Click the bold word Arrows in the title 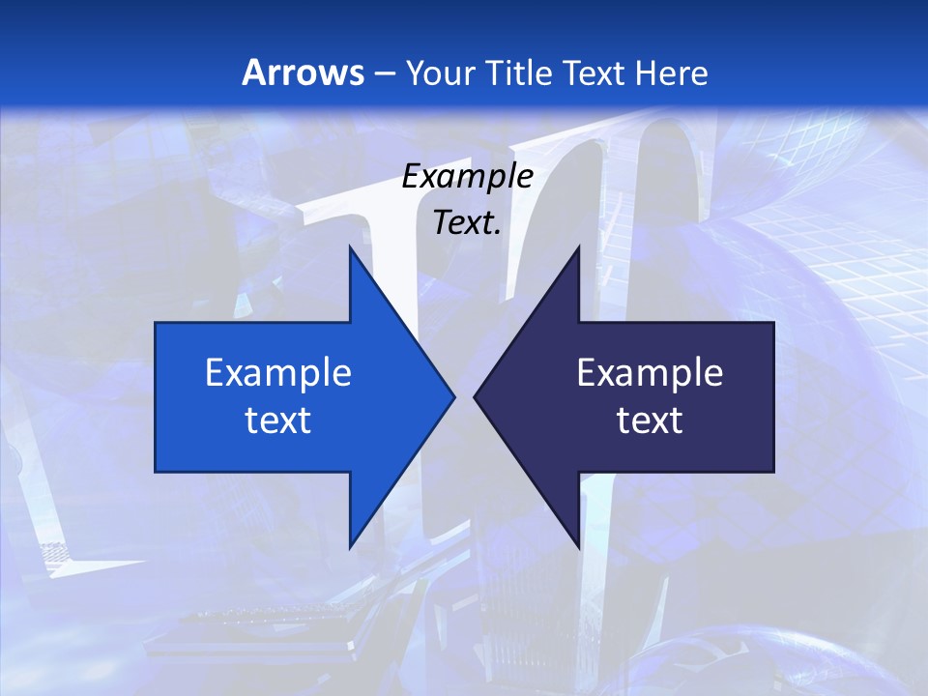304,72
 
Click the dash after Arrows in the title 383,73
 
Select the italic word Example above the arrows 467,176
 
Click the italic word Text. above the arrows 467,223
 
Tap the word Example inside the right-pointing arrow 278,372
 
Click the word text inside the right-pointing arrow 278,420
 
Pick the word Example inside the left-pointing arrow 650,372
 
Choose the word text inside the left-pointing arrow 650,420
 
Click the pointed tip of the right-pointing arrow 454,396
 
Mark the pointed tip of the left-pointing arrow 474,396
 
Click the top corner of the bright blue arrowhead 350,246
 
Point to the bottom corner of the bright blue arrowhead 350,547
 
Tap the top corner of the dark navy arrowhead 579,246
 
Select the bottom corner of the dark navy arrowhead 579,547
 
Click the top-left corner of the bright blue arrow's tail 156,322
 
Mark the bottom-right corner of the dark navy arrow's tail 773,472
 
